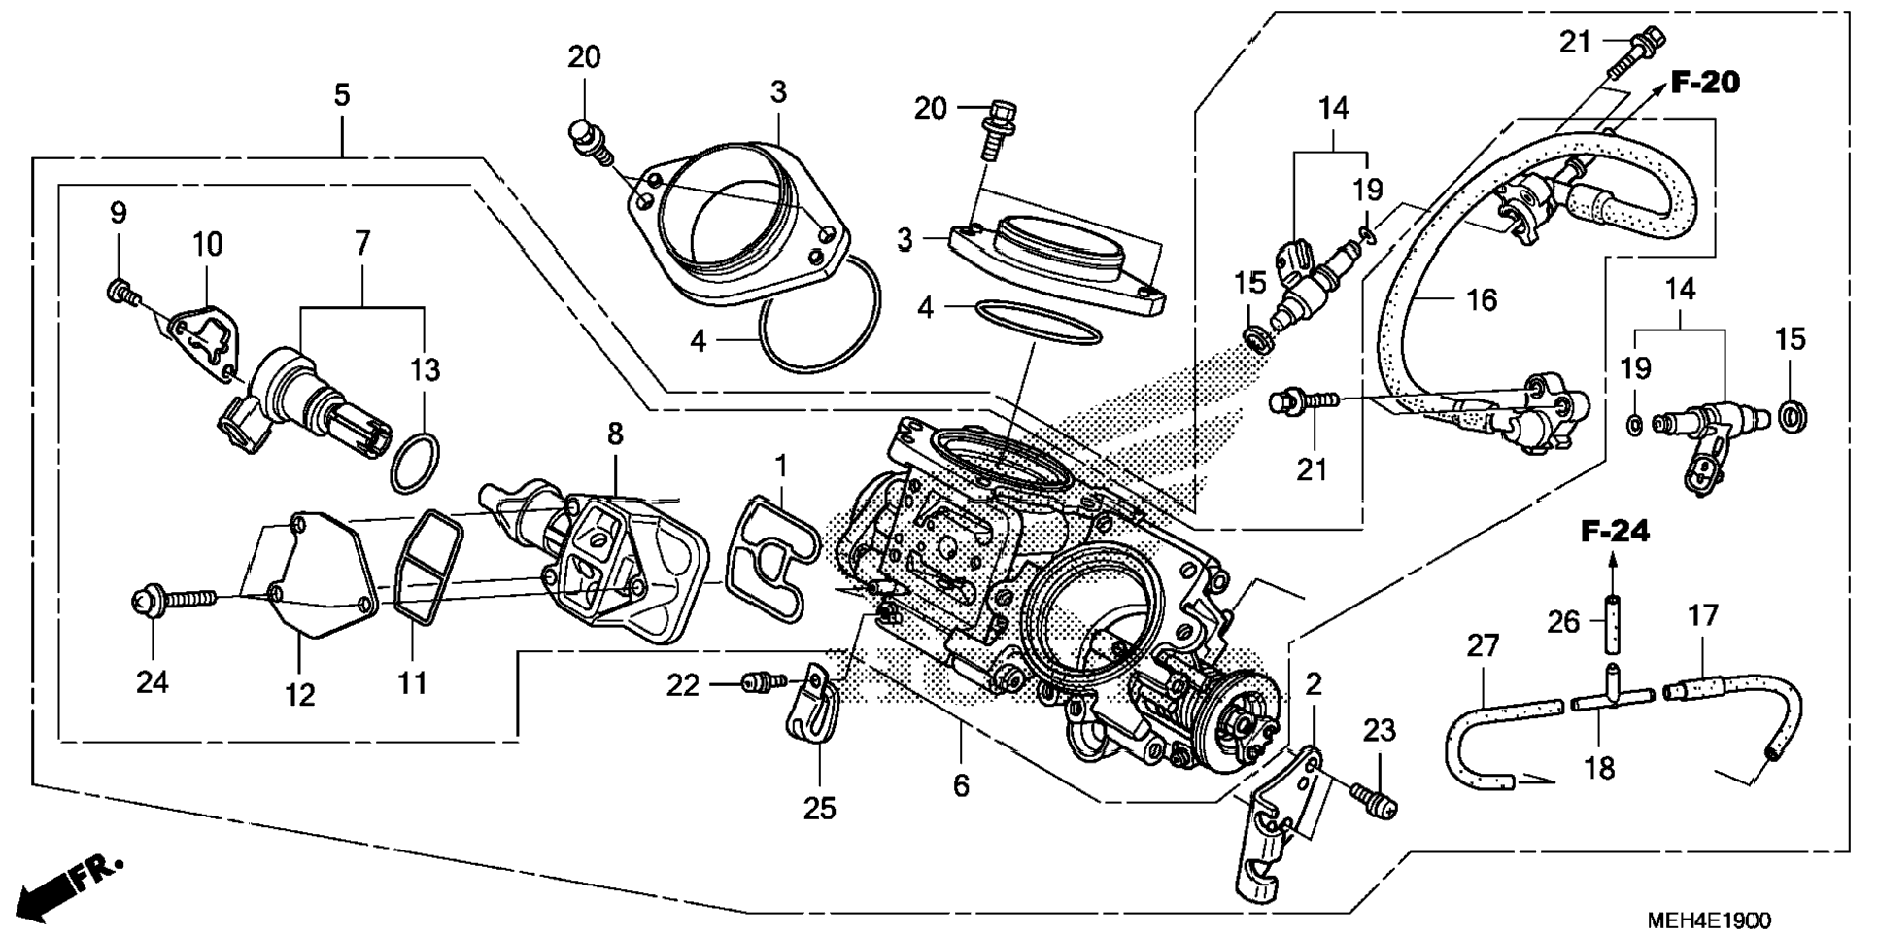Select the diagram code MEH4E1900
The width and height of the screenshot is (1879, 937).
1708,919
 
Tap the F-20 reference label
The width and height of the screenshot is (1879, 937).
1705,83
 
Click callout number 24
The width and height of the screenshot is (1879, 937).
153,682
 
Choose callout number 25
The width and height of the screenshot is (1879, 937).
819,809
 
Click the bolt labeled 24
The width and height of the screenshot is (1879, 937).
175,600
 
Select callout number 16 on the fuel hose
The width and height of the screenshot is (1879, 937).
1481,300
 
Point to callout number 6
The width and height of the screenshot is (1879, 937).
961,784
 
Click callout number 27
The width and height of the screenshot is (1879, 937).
1483,646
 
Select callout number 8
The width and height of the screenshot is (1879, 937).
615,434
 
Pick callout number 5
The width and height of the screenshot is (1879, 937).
341,95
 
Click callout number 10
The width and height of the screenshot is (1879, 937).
208,244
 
